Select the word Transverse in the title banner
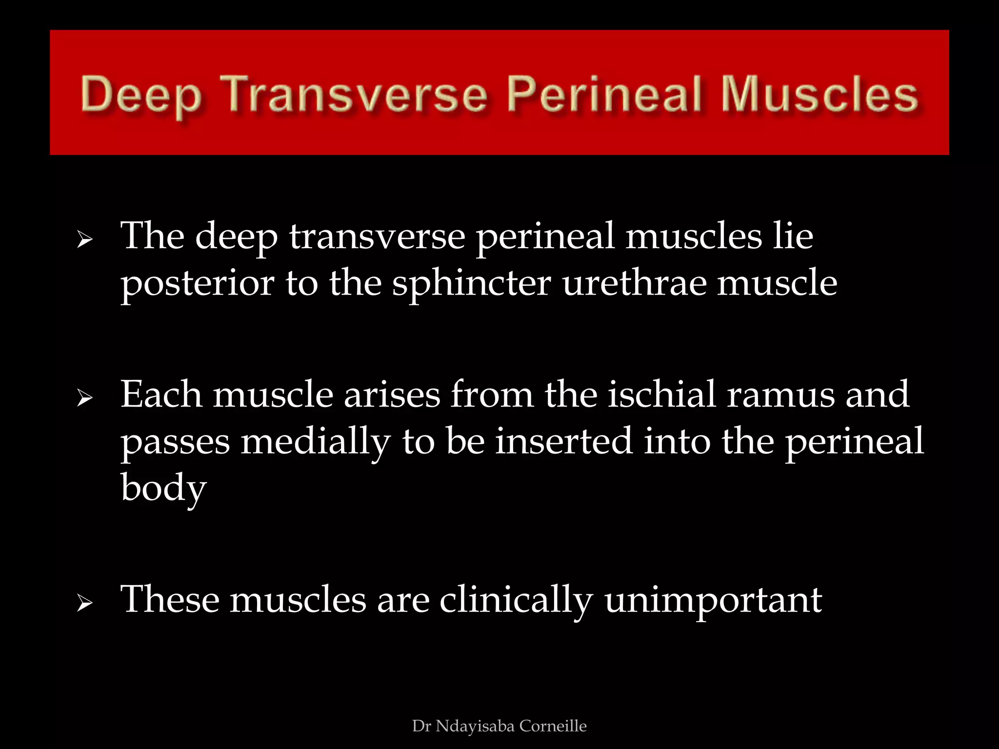click(356, 94)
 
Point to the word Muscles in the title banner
click(819, 94)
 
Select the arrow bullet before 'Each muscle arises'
click(85, 398)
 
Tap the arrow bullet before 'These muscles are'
click(85, 604)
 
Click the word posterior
click(198, 284)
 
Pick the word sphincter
click(472, 284)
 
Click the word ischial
click(662, 394)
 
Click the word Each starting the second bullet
click(161, 394)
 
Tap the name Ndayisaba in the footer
click(475, 726)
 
